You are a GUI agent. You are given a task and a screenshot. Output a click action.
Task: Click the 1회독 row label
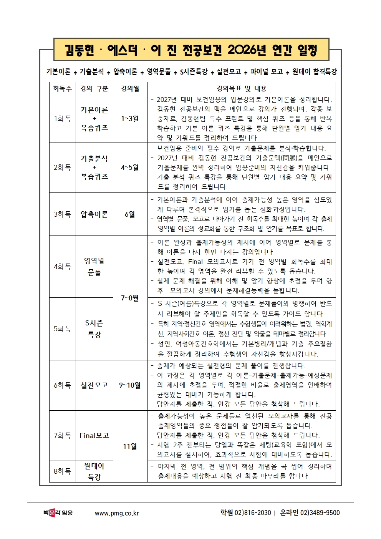63,119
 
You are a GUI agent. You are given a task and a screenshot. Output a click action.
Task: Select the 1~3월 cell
130,119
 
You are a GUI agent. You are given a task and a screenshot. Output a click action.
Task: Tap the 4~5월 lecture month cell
130,168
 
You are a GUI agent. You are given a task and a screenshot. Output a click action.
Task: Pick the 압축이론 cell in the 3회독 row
94,214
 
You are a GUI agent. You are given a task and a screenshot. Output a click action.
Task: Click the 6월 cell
130,214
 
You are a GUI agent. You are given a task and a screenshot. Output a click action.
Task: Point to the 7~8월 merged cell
130,298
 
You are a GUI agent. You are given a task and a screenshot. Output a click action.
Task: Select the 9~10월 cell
130,385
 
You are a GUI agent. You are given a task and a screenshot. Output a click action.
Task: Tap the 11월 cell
130,446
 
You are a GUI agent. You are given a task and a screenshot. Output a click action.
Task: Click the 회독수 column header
63,89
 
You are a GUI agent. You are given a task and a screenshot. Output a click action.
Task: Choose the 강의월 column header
130,89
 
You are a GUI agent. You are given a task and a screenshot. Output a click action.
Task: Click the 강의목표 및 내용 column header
241,89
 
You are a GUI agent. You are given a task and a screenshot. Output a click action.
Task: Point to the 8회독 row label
63,471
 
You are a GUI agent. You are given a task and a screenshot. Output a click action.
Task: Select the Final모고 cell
94,435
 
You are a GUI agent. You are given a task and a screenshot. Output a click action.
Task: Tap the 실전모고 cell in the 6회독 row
94,385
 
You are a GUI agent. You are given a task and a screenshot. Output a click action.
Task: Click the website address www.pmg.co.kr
117,513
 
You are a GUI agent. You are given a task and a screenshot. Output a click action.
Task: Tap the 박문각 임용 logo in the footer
58,513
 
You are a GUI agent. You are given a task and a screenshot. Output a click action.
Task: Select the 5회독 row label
63,328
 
